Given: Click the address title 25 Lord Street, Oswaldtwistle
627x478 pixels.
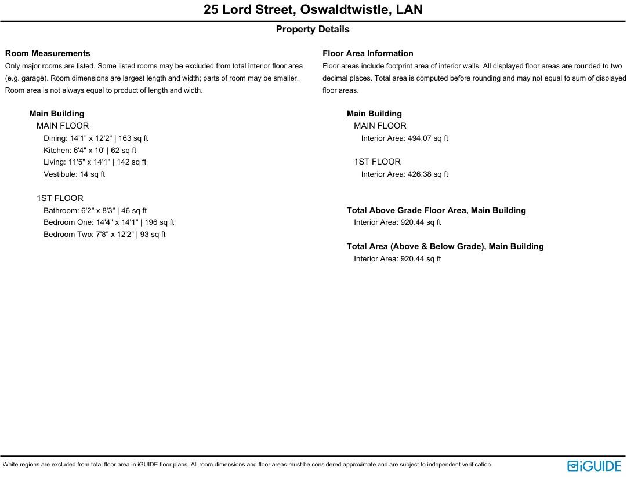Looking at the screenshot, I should [x=313, y=10].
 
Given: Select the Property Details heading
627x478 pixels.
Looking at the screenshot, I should [x=313, y=30].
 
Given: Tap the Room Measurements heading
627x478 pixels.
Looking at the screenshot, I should [x=48, y=53].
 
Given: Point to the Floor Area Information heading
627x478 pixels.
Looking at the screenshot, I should [x=368, y=53].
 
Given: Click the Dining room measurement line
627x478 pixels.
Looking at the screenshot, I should [x=96, y=138].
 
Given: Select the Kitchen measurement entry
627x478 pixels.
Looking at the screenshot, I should [x=90, y=151].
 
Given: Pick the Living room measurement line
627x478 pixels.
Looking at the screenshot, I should [x=95, y=162].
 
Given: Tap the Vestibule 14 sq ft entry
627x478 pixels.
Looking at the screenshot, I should [x=74, y=174].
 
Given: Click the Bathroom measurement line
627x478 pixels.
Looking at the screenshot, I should [x=95, y=211].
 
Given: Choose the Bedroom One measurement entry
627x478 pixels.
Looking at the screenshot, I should [x=108, y=222].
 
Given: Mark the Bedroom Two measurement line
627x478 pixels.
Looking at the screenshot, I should [x=104, y=235].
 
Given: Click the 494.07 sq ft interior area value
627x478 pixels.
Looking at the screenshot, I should [x=404, y=138].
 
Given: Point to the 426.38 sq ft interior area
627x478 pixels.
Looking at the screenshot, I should [x=404, y=174].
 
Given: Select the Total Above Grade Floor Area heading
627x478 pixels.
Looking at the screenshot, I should [x=436, y=211].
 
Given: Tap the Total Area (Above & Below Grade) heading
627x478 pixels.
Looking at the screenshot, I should [x=445, y=246].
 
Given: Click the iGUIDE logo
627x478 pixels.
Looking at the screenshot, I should [x=594, y=466].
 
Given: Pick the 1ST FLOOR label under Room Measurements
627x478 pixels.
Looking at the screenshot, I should [x=60, y=198].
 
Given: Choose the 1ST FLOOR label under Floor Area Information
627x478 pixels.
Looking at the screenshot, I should [x=377, y=162].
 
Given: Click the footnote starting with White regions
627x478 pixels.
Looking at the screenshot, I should [x=247, y=465].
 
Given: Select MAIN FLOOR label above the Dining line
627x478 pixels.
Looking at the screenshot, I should [x=63, y=126].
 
